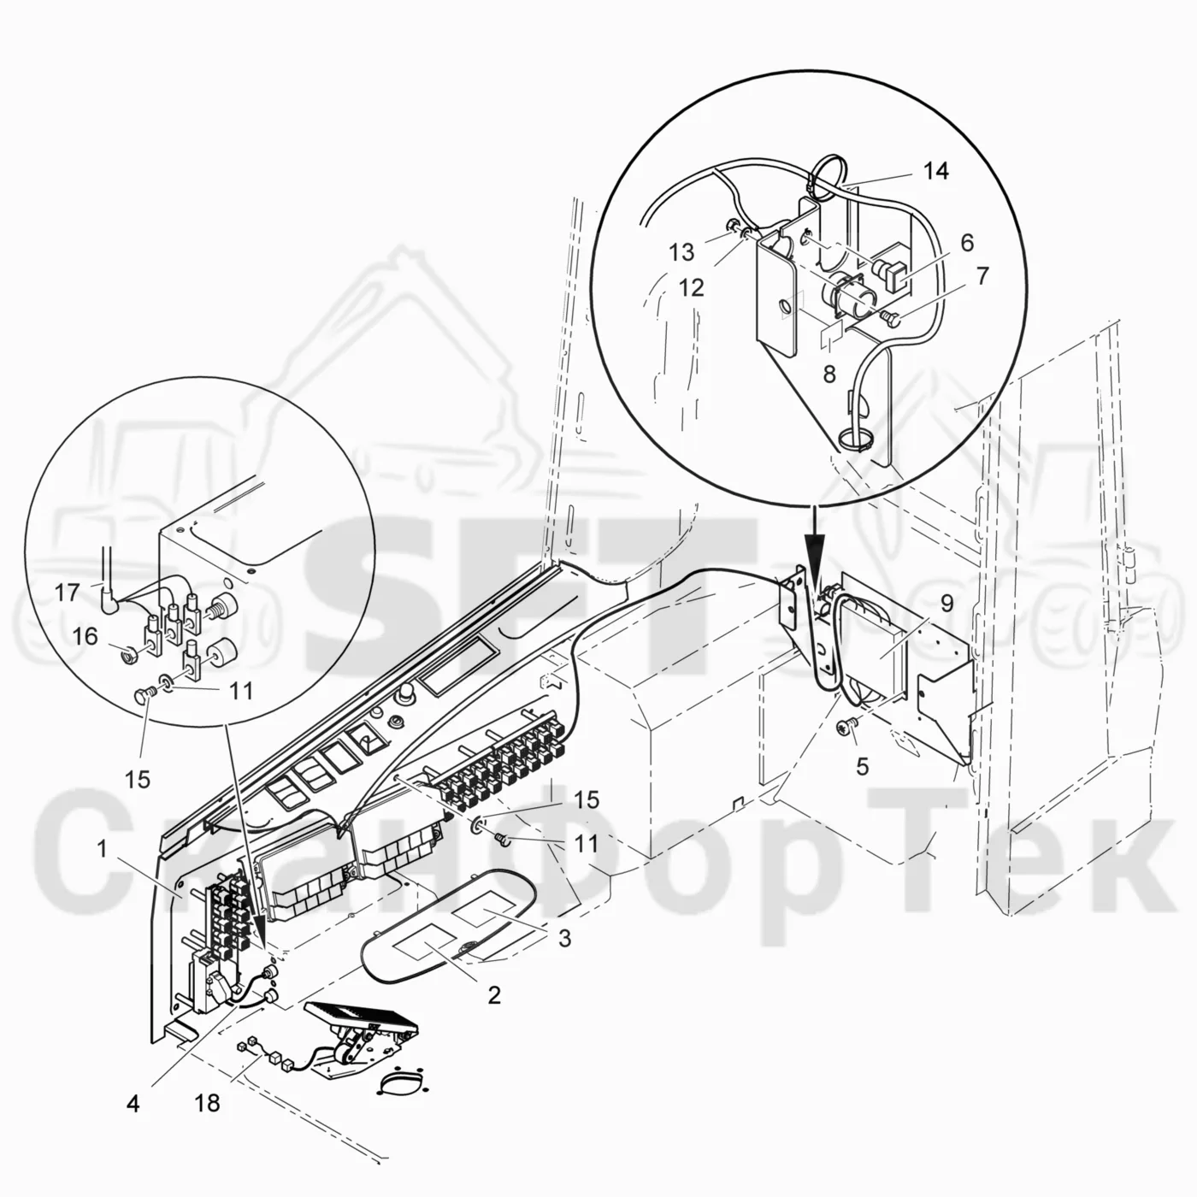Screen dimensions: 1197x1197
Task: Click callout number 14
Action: (x=936, y=171)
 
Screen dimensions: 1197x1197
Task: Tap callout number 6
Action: (x=967, y=243)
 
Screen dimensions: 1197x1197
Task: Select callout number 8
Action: (x=829, y=374)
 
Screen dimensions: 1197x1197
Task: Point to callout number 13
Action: (x=681, y=252)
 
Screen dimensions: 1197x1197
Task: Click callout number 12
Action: (x=691, y=287)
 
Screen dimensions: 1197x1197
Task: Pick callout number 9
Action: (x=946, y=603)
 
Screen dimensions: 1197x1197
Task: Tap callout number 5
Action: (x=862, y=767)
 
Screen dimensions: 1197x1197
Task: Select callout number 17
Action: (x=67, y=593)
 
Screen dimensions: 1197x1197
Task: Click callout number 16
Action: (x=85, y=636)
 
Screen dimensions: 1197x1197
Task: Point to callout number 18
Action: (x=207, y=1103)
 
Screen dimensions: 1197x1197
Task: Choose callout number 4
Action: (x=133, y=1103)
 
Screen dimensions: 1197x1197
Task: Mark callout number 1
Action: (x=103, y=848)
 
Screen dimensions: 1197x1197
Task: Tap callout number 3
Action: (x=564, y=939)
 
